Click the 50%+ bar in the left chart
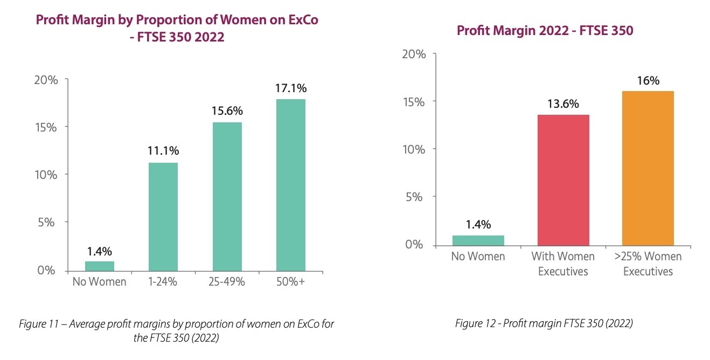coord(291,184)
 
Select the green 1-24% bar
coord(163,216)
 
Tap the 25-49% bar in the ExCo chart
coord(227,196)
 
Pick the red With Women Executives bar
coord(563,181)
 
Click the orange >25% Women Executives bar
coord(648,168)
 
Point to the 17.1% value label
coord(291,88)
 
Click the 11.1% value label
coord(163,151)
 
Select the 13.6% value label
coord(563,103)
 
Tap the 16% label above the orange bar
coord(648,80)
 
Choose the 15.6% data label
coord(227,111)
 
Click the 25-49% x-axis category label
coord(227,281)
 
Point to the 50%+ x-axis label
coord(291,281)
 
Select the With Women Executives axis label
coord(563,264)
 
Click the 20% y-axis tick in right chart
coord(414,54)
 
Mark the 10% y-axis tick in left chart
coord(46,175)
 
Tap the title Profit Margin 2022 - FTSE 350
coord(545,31)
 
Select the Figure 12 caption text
coord(544,323)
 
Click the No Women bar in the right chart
coord(478,240)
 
